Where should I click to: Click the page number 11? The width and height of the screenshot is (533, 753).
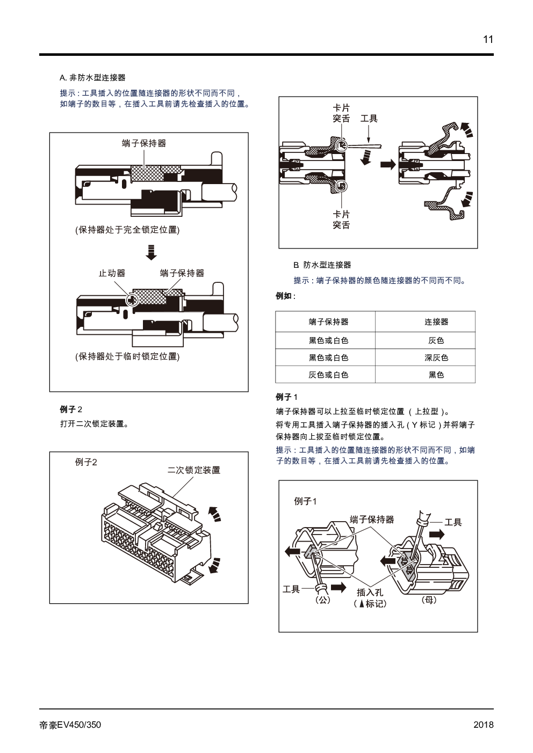tap(488, 40)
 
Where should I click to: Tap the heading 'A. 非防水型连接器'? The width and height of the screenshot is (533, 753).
tap(92, 78)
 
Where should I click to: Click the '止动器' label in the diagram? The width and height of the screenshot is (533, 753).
tap(112, 273)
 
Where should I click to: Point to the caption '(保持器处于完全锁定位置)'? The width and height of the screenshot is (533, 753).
tap(127, 230)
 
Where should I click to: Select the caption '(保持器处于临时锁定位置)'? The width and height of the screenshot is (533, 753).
tap(127, 356)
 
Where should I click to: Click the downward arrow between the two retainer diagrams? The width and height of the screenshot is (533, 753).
tap(151, 252)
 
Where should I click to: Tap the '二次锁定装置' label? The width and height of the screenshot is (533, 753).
tap(194, 470)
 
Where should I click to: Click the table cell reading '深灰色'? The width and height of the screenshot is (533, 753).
tap(436, 357)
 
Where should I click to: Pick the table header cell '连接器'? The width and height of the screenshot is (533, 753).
tap(436, 321)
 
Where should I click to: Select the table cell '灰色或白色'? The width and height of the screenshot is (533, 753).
tap(328, 375)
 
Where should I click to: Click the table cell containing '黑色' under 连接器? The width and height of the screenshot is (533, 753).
tap(436, 375)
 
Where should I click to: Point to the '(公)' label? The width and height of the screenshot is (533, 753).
tap(323, 600)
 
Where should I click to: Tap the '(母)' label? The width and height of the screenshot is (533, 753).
tap(429, 600)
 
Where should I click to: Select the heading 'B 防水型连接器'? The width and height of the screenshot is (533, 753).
tap(322, 265)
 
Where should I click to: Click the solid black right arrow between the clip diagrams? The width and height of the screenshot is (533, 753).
tap(388, 165)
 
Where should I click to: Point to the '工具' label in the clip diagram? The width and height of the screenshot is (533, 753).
tap(369, 118)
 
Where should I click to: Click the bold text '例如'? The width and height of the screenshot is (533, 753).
tap(284, 296)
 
